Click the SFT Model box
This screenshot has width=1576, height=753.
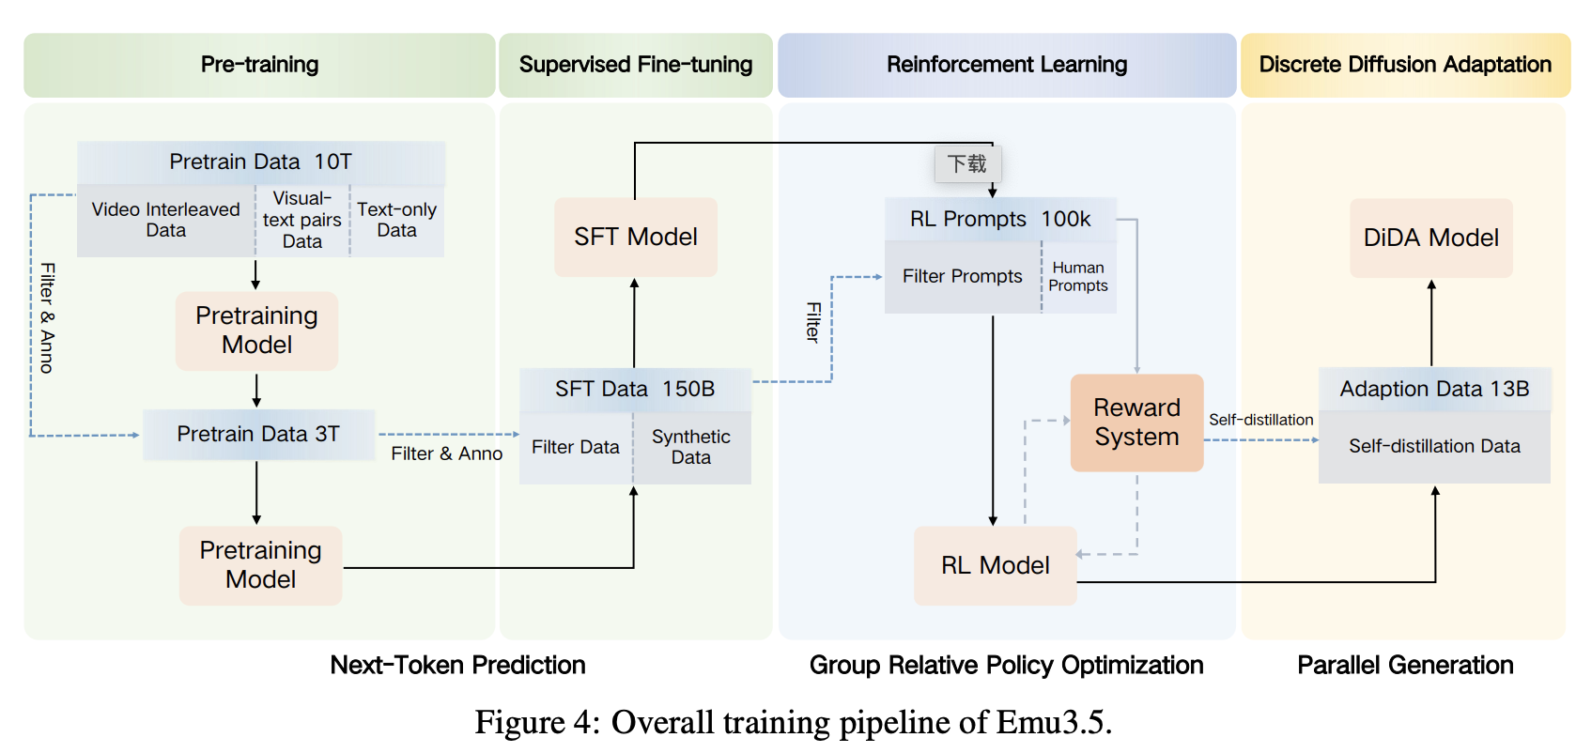[636, 237]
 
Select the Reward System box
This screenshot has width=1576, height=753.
[1136, 423]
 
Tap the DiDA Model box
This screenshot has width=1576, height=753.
[1430, 238]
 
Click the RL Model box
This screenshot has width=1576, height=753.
[995, 565]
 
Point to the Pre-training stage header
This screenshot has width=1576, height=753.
[259, 65]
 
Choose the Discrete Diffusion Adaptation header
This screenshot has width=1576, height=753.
[1405, 65]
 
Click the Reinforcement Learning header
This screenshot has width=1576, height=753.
[1007, 65]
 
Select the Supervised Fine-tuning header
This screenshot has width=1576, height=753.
[636, 65]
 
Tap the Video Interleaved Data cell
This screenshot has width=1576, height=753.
[165, 221]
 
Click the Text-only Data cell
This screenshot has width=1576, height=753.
[396, 221]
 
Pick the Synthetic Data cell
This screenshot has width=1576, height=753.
[691, 447]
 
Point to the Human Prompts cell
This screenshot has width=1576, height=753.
[1078, 277]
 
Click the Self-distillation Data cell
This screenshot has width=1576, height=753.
[1434, 447]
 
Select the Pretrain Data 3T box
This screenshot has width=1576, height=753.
[258, 434]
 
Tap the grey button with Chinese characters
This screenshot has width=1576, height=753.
[967, 164]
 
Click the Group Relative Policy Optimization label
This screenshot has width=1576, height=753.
[1006, 665]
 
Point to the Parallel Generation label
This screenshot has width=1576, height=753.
[1405, 665]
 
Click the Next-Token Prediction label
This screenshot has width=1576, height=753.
[457, 665]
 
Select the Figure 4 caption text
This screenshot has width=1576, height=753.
[793, 722]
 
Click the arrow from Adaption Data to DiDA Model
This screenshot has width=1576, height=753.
[1431, 323]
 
